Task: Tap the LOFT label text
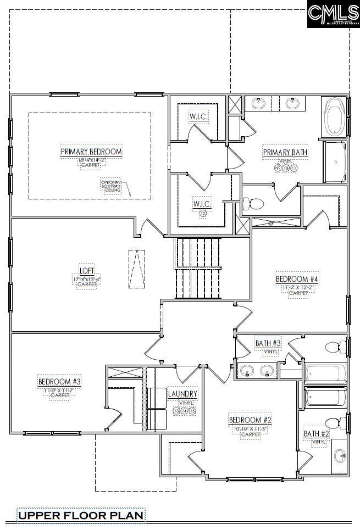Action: [87, 271]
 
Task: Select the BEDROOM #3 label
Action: [59, 382]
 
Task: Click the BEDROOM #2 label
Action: [251, 420]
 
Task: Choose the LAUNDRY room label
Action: [182, 394]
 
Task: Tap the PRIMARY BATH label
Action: [285, 152]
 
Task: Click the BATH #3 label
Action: [268, 343]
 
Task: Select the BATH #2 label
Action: [317, 434]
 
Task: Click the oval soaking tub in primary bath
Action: [334, 117]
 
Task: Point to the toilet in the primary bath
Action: [253, 204]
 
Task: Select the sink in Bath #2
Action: [340, 455]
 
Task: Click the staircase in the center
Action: [198, 268]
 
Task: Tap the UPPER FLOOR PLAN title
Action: [81, 515]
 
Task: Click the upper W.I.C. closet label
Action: [198, 116]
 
